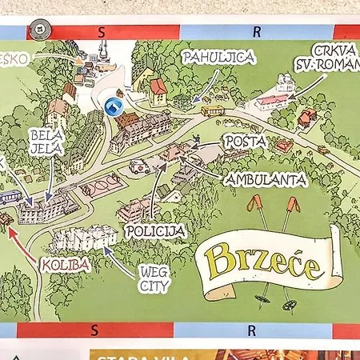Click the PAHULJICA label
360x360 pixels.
tap(208, 58)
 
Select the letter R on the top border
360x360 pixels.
tap(256, 33)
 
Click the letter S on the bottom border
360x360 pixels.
tap(94, 330)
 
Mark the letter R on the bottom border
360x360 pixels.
tap(250, 330)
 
